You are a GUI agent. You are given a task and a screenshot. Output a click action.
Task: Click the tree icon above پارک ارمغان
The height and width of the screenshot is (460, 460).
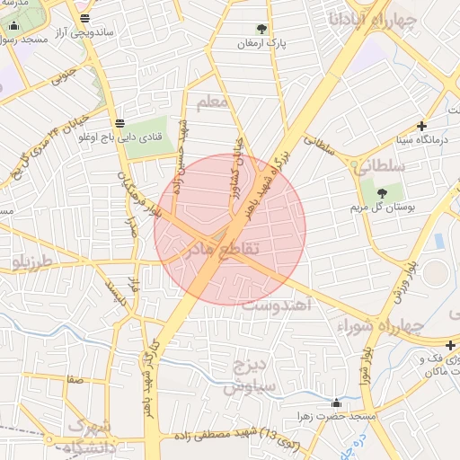pyautogui.click(x=262, y=29)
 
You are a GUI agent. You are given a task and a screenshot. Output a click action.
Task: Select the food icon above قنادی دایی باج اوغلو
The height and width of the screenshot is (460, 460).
pyautogui.click(x=120, y=123)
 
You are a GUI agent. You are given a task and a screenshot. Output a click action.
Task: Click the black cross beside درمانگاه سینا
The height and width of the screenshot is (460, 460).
pyautogui.click(x=421, y=126)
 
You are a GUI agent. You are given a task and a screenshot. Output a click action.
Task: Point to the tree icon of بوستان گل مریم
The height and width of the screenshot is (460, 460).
pyautogui.click(x=382, y=193)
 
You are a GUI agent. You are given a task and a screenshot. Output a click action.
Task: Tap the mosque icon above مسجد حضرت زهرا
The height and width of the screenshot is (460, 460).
pyautogui.click(x=336, y=403)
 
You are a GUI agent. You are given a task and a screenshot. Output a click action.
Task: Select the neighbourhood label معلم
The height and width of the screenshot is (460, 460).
pyautogui.click(x=213, y=102)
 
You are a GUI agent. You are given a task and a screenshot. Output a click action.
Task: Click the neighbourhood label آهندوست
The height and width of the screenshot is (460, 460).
pyautogui.click(x=278, y=306)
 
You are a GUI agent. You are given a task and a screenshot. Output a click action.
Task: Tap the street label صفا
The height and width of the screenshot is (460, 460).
pyautogui.click(x=75, y=380)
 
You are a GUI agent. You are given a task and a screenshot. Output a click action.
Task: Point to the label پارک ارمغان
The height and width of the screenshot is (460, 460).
pyautogui.click(x=261, y=43)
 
